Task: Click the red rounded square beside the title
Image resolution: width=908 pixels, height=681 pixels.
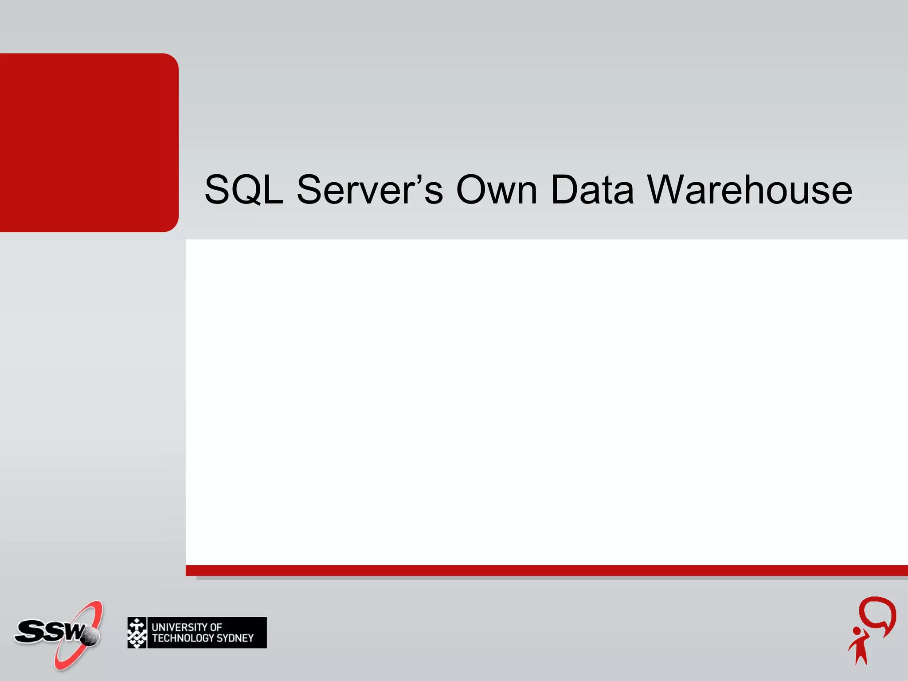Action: point(89,142)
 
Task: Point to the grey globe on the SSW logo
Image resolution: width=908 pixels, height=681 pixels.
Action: point(90,637)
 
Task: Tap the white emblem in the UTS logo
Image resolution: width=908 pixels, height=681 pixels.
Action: point(137,633)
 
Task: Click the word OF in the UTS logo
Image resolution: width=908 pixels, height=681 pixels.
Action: point(215,627)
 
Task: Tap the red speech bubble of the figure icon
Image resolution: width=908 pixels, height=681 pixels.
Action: point(877,614)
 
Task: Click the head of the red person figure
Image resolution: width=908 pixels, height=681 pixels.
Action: point(857,631)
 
